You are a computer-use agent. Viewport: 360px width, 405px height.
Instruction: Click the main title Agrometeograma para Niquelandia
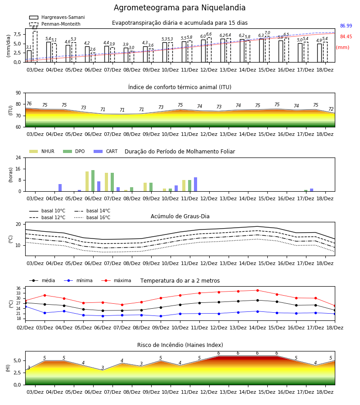click(x=180, y=8)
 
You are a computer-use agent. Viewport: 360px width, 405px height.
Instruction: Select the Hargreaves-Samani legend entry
click(x=57, y=17)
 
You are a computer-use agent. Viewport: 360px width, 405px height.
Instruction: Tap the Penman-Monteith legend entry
click(x=55, y=24)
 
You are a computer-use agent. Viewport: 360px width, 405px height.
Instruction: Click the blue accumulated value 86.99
click(x=346, y=26)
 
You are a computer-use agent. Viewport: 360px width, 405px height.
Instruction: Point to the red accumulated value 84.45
click(x=346, y=37)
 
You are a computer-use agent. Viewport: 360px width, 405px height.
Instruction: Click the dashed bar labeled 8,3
click(x=35, y=46)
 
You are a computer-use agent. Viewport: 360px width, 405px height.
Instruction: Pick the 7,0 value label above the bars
click(x=267, y=33)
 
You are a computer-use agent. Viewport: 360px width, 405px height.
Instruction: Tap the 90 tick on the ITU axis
click(x=18, y=93)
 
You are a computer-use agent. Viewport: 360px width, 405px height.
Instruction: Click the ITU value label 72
click(x=331, y=109)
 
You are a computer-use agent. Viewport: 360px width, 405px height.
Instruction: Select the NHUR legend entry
click(x=42, y=151)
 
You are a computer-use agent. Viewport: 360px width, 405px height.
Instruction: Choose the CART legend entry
click(x=106, y=151)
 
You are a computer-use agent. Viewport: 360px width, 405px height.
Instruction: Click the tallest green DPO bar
click(x=93, y=181)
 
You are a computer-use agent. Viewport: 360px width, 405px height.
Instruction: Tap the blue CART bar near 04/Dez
click(x=60, y=188)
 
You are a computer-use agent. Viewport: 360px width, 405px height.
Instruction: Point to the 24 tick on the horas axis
click(x=18, y=157)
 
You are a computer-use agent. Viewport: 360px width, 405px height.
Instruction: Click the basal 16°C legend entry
click(x=92, y=217)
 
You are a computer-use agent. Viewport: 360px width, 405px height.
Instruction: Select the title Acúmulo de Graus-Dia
click(x=180, y=216)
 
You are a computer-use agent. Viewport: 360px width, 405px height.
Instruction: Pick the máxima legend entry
click(x=116, y=280)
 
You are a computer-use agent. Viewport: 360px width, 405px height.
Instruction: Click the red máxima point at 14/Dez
click(x=257, y=290)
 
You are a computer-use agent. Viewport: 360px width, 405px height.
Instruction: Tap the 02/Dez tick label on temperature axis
click(x=25, y=328)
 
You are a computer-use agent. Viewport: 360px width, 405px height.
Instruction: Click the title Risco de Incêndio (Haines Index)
click(x=180, y=345)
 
